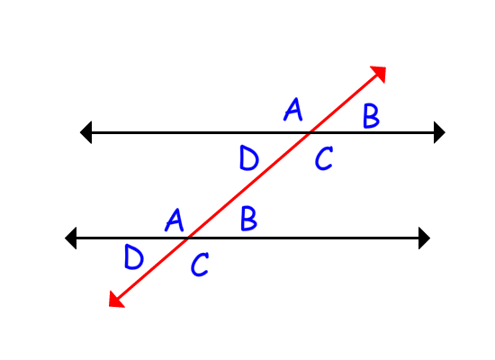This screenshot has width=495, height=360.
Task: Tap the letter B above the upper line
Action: [x=371, y=116]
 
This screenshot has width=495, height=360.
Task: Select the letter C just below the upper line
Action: [x=324, y=157]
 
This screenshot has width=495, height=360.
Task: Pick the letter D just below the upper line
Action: [x=249, y=157]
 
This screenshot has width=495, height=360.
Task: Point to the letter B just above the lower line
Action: [x=248, y=218]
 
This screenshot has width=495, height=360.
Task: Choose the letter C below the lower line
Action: [x=200, y=264]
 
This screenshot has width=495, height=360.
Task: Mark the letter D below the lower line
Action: [x=134, y=257]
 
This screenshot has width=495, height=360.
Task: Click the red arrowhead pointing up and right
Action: [x=379, y=73]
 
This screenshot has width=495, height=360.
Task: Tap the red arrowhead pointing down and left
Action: [x=115, y=300]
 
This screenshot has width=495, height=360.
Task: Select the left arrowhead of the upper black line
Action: [x=86, y=132]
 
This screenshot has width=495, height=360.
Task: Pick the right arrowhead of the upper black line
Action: [x=439, y=132]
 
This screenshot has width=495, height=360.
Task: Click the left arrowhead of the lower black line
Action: [x=71, y=238]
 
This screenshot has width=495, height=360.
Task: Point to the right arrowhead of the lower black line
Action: [x=424, y=238]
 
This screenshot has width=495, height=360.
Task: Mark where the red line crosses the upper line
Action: [x=310, y=132]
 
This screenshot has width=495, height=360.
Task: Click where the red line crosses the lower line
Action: [x=188, y=238]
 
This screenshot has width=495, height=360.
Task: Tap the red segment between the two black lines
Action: [x=248, y=185]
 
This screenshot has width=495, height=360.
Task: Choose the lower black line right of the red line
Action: [x=304, y=238]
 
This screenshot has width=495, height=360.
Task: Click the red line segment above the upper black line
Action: [x=343, y=103]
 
